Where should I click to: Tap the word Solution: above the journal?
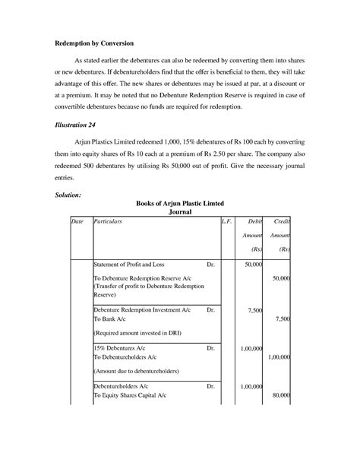pos(73,195)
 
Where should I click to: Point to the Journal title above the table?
pos(180,213)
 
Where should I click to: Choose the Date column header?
pos(77,220)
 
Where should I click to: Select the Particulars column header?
pos(107,220)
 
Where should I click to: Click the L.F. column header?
pos(226,220)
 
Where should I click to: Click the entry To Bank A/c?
pos(112,320)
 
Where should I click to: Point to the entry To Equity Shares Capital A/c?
pos(135,396)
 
